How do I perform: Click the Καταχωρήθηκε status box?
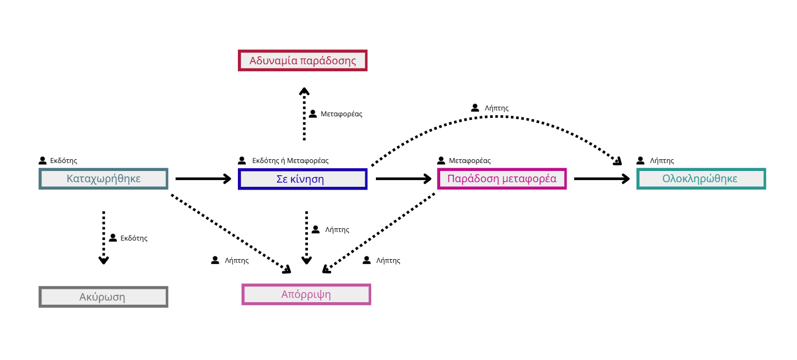(103, 178)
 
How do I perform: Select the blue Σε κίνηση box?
(303, 179)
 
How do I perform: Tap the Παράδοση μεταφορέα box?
(502, 178)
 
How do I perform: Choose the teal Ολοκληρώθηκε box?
(701, 178)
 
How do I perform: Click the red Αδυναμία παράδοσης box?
(303, 61)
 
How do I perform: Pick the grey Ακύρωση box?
(103, 297)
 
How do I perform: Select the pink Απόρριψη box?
(306, 294)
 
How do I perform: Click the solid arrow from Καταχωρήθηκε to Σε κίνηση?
(203, 178)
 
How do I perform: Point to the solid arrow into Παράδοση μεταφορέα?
(404, 178)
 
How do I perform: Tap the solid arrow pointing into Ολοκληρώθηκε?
(602, 178)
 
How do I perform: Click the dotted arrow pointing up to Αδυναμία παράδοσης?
(304, 114)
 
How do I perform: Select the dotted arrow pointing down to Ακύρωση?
(104, 238)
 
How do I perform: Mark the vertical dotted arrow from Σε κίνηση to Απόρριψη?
(306, 238)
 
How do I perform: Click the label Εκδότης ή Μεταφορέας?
(290, 160)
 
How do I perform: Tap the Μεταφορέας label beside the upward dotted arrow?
(341, 114)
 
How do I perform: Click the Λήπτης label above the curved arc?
(496, 108)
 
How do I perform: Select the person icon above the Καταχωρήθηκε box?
(42, 160)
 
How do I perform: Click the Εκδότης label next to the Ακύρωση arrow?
(134, 238)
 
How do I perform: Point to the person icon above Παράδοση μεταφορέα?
(441, 160)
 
